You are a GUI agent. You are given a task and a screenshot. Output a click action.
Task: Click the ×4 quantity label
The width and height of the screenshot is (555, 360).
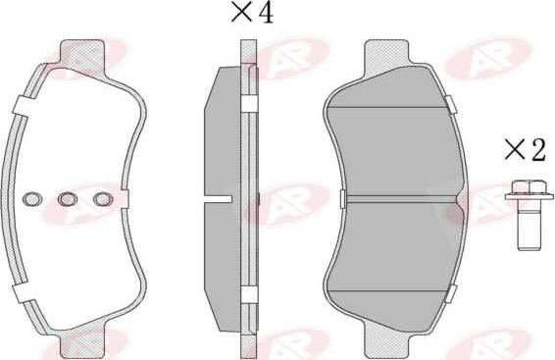pyautogui.click(x=252, y=13)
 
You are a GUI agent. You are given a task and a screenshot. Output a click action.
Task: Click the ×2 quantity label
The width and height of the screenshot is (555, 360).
pyautogui.click(x=526, y=151)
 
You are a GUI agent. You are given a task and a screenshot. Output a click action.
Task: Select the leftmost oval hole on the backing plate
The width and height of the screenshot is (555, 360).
pyautogui.click(x=32, y=199)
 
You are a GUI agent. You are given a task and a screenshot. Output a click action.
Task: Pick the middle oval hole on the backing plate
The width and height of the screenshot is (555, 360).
pyautogui.click(x=68, y=199)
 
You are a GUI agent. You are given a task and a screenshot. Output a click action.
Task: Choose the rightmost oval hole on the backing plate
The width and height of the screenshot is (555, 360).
pyautogui.click(x=103, y=199)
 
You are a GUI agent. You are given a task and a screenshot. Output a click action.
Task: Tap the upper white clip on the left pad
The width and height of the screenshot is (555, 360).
pyautogui.click(x=23, y=106)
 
